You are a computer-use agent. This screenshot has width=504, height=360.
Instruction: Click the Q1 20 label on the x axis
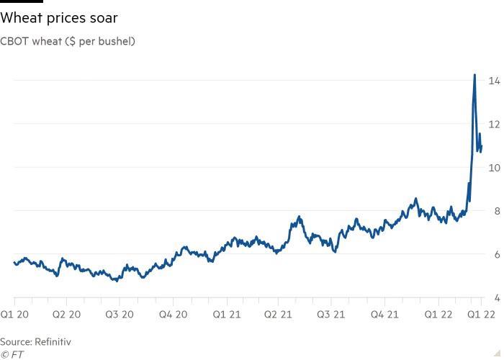click(15, 315)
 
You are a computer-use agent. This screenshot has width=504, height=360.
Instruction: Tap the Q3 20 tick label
click(120, 315)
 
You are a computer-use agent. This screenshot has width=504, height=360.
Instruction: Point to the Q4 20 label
click(173, 315)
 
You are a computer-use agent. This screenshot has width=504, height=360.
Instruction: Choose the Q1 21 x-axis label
click(225, 315)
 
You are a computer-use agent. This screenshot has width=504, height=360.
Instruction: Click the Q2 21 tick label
click(278, 315)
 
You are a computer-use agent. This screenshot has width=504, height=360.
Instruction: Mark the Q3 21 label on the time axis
click(331, 315)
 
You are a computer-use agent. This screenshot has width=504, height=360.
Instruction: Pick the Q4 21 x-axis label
click(384, 315)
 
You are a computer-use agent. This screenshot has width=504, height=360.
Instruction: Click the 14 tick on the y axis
click(495, 80)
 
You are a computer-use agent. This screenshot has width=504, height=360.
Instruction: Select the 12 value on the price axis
click(495, 124)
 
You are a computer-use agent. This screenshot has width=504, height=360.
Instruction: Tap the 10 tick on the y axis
click(495, 167)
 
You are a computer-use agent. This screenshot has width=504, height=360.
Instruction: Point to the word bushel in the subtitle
click(114, 41)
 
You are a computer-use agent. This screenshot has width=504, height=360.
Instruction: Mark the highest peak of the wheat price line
click(474, 75)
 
